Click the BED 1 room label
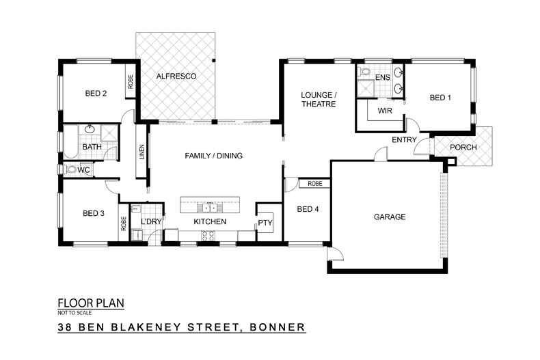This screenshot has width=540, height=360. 440,98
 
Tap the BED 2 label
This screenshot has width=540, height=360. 95,94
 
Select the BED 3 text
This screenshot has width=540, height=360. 94,214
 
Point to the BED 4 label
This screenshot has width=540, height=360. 308,209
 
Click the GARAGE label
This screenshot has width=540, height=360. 389,217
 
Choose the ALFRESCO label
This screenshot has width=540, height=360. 176,77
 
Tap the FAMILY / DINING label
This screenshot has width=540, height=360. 213,156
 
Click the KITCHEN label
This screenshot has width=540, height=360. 209,222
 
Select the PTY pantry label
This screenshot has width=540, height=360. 264,223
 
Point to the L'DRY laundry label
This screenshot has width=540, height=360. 150,222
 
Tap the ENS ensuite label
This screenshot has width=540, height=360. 382,78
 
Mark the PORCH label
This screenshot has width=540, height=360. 464,148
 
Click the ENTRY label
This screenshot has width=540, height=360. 404,140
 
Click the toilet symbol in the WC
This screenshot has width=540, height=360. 71,169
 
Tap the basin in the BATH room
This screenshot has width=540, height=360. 89,129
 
